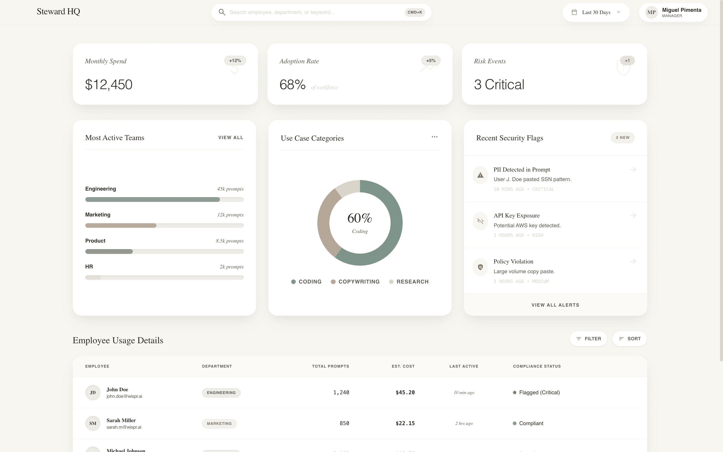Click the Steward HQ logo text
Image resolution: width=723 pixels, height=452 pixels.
(58, 12)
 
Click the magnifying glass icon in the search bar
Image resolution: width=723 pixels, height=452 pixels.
(222, 12)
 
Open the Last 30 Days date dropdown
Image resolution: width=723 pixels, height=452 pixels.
(596, 12)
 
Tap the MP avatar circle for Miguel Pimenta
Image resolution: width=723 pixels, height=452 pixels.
(651, 13)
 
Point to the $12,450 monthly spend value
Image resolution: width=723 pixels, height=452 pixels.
(109, 85)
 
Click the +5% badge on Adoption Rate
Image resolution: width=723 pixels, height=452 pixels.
(431, 61)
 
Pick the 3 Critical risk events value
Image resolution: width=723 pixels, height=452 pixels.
(499, 85)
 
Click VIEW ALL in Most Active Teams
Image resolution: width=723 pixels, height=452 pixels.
(231, 138)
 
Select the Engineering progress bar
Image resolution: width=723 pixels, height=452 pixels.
(164, 199)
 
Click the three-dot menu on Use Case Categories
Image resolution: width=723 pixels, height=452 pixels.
(434, 137)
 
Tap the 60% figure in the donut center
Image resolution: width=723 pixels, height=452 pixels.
(360, 218)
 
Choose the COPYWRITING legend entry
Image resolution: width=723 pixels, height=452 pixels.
(355, 281)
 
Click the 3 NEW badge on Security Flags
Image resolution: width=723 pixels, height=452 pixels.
(623, 138)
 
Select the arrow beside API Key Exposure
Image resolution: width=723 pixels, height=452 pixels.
(633, 215)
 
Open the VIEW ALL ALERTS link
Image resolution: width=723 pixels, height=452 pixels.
(555, 305)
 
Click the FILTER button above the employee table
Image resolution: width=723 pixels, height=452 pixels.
(588, 339)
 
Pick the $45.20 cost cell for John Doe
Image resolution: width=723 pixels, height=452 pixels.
(405, 392)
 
